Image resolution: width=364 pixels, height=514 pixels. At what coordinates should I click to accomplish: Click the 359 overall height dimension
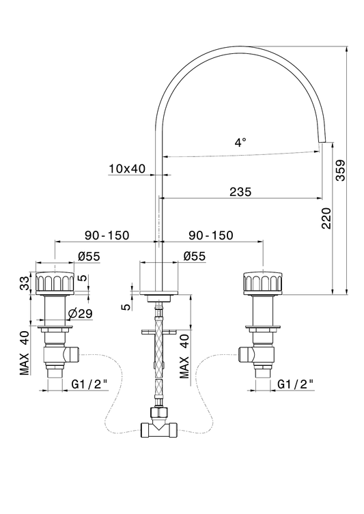341,170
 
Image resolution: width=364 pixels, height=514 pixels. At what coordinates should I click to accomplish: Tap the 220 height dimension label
326,218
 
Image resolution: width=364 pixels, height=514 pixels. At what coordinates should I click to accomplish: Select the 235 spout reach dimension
240,192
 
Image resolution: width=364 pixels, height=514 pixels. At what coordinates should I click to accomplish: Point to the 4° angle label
240,143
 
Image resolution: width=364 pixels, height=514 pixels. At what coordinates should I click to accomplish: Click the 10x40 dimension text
127,169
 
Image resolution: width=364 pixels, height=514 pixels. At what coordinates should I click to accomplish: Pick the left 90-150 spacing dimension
107,235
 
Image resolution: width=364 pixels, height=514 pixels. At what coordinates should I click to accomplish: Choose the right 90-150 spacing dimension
211,235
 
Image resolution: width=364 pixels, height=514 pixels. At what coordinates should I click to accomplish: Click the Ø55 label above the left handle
89,257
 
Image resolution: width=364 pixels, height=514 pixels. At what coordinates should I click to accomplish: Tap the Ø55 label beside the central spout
195,257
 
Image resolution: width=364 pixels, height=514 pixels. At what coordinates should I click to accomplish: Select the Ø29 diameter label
81,314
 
